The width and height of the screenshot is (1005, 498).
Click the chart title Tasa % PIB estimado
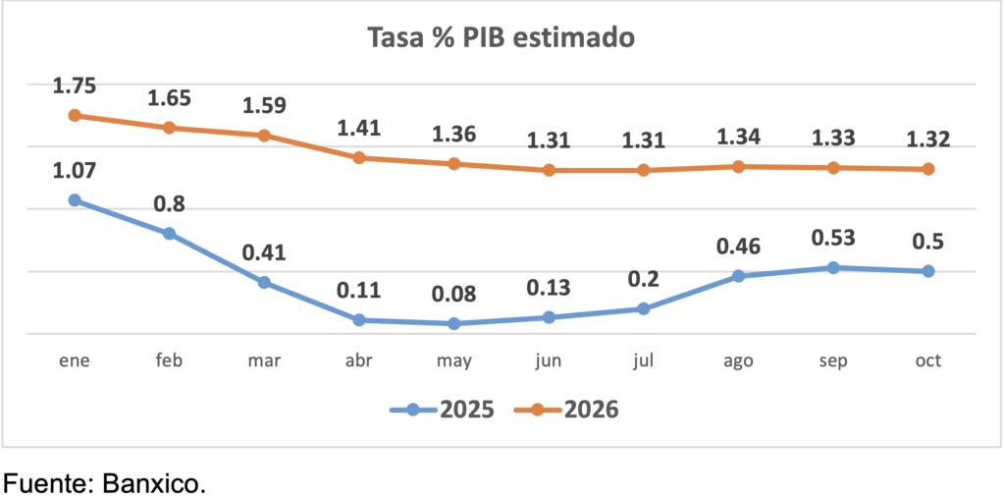click(x=502, y=38)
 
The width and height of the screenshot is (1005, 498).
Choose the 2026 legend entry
click(x=576, y=410)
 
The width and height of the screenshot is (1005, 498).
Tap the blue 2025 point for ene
click(x=75, y=200)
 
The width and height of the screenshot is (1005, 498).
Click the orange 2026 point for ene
click(x=75, y=115)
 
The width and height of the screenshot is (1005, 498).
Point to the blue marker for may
click(x=453, y=323)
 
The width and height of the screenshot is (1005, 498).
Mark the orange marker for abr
click(x=359, y=157)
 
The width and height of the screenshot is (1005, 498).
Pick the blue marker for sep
click(x=833, y=267)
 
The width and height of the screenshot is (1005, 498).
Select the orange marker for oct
click(x=927, y=169)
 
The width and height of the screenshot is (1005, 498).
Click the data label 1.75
click(x=75, y=86)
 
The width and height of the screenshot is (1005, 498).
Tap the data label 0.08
click(x=453, y=295)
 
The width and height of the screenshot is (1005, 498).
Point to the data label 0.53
click(x=833, y=238)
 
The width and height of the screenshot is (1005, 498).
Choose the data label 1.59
click(x=264, y=106)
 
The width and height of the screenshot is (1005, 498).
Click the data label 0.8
click(x=169, y=204)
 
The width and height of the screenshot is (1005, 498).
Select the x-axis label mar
click(x=264, y=360)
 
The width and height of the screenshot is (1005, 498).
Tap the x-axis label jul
click(x=644, y=360)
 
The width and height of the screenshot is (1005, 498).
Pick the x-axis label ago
click(x=738, y=361)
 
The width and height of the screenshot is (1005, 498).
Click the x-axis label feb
click(x=169, y=360)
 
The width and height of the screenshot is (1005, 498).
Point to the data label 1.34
click(x=738, y=138)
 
